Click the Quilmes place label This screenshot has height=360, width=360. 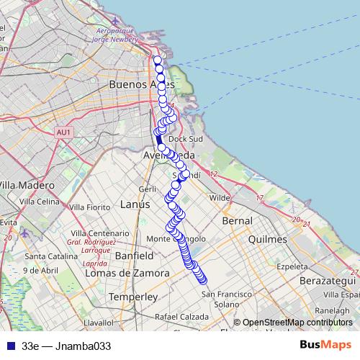coord(267,239)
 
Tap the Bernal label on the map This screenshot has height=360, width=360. coord(238,220)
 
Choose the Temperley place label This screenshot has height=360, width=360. coord(132,297)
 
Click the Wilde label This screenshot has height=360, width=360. coord(219,197)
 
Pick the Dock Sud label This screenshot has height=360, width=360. coord(186,139)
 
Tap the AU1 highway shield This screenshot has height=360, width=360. coord(63,132)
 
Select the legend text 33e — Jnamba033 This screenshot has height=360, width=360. coord(66,346)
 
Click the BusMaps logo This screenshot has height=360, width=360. coord(325,345)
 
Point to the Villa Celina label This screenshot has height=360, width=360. coord(39,202)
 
